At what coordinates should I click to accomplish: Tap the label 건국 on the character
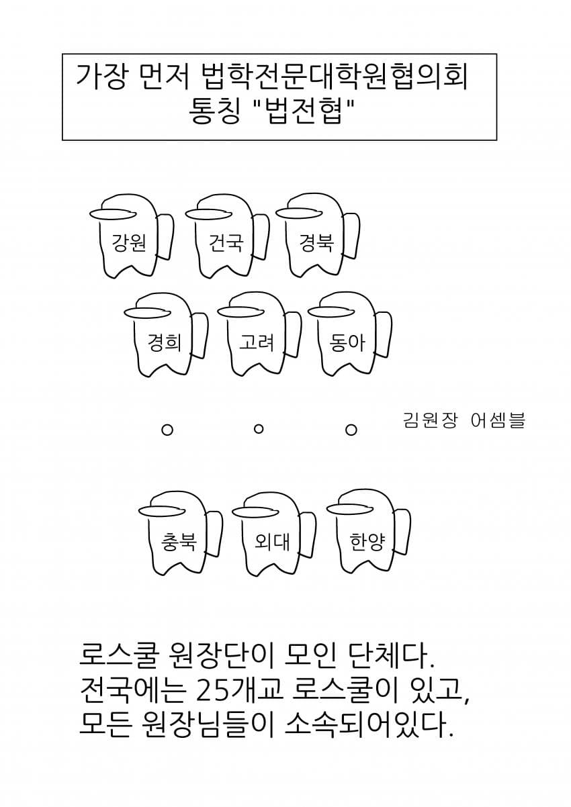(x=226, y=242)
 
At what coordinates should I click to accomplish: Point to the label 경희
(x=165, y=342)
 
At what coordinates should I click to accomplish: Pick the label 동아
(x=347, y=342)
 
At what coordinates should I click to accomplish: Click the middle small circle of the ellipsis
(x=259, y=429)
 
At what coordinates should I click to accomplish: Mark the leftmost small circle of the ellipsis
(x=167, y=430)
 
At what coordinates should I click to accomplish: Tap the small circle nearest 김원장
(x=351, y=430)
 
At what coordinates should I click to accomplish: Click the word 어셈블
(x=498, y=420)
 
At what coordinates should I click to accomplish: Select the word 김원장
(x=430, y=420)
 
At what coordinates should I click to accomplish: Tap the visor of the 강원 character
(x=113, y=214)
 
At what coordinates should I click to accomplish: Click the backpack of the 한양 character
(x=403, y=533)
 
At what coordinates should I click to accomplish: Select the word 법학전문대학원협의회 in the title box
(x=334, y=77)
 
